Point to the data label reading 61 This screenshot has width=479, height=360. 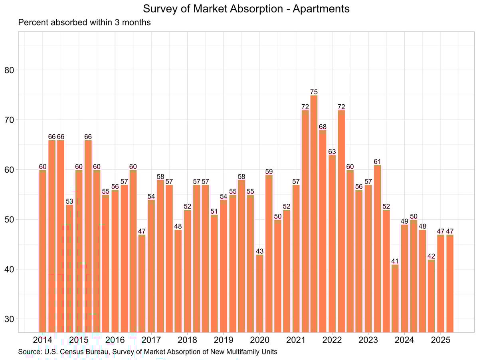[x=377, y=161]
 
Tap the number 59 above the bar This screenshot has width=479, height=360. [x=269, y=171]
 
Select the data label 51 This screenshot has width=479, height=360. [x=214, y=211]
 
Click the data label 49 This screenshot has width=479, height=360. [x=404, y=221]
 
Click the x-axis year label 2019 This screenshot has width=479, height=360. [x=223, y=340]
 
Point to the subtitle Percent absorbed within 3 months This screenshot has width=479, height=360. [x=84, y=22]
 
